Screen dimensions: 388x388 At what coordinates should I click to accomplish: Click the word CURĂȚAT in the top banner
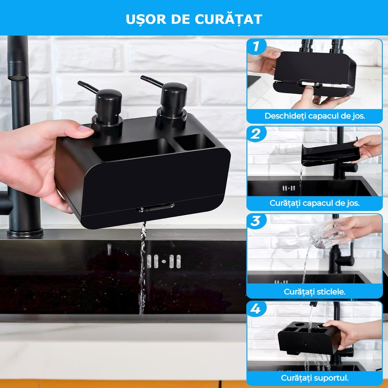point(228,19)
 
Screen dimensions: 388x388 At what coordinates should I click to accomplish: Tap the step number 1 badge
point(256,47)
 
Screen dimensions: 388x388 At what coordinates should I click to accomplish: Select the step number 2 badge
point(256,134)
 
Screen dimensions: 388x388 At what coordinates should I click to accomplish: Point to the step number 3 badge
point(256,221)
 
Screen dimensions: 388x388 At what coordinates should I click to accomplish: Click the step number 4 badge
point(256,309)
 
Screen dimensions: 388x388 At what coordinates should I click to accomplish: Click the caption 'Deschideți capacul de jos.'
point(315,116)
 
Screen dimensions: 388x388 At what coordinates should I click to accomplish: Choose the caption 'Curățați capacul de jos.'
point(315,203)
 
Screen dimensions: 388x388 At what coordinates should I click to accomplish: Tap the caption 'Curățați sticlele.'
point(315,292)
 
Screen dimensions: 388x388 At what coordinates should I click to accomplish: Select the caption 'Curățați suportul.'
point(315,378)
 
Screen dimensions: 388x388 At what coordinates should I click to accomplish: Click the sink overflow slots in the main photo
point(164,261)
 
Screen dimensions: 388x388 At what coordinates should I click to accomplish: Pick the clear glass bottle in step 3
point(327,234)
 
